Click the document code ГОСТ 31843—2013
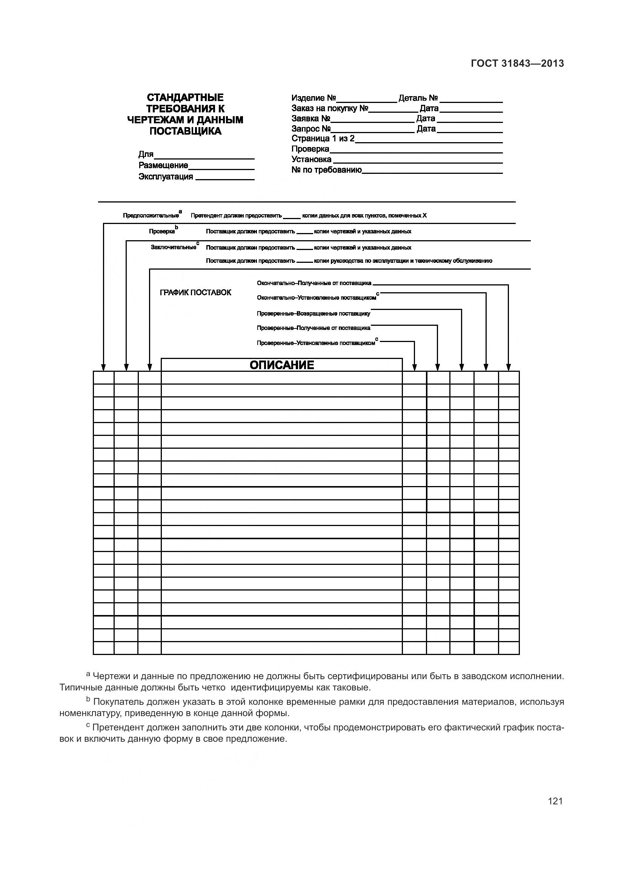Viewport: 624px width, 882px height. (x=517, y=63)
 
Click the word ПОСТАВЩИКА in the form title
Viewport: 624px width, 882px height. (x=185, y=131)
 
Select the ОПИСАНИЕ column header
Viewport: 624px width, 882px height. (x=282, y=365)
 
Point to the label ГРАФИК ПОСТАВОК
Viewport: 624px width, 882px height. (x=195, y=292)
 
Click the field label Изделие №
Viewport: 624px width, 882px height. (x=314, y=98)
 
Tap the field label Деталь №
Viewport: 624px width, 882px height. (x=418, y=98)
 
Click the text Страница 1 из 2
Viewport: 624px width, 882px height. (x=323, y=138)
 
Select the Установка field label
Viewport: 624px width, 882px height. (x=311, y=159)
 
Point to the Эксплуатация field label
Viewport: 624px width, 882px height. (x=166, y=176)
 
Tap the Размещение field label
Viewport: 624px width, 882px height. (x=163, y=165)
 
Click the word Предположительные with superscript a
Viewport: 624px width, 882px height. (x=151, y=216)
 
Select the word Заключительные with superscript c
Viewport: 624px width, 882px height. (x=174, y=247)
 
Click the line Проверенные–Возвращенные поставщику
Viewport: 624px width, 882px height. (x=313, y=313)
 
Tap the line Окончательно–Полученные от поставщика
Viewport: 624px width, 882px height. (x=314, y=283)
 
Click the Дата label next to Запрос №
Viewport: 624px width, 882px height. (x=426, y=129)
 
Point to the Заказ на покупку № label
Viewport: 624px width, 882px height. (x=330, y=108)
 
